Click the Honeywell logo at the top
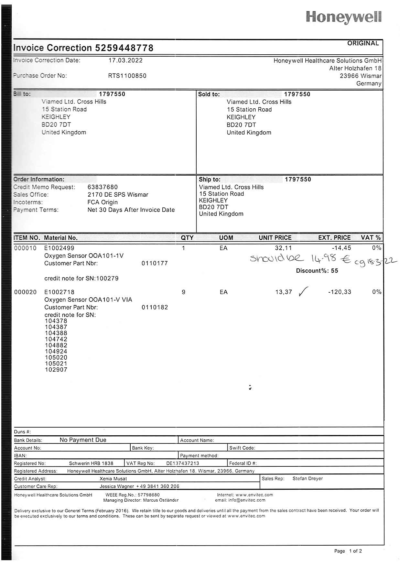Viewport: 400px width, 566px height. pyautogui.click(x=343, y=17)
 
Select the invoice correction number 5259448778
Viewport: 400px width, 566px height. pyautogui.click(x=124, y=48)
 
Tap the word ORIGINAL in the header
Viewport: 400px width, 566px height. pyautogui.click(x=363, y=43)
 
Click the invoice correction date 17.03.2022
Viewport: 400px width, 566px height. pyautogui.click(x=125, y=60)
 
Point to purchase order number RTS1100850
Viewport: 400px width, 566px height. pyautogui.click(x=127, y=76)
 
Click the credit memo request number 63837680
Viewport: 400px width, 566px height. pyautogui.click(x=103, y=187)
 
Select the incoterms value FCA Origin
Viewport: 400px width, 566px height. pyautogui.click(x=103, y=202)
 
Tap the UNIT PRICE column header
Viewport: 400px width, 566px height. pyautogui.click(x=275, y=238)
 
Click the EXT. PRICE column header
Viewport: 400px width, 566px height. pyautogui.click(x=334, y=238)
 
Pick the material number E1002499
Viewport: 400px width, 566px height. pyautogui.click(x=59, y=248)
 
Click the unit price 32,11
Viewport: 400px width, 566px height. pyautogui.click(x=283, y=248)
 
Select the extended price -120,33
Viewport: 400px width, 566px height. pyautogui.click(x=340, y=292)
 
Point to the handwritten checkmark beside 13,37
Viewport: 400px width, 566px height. pyautogui.click(x=303, y=291)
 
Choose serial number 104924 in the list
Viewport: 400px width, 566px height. pyautogui.click(x=56, y=352)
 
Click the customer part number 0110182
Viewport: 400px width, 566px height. pyautogui.click(x=155, y=307)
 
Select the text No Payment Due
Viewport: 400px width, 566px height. pyautogui.click(x=83, y=440)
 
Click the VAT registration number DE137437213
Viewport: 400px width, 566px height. pyautogui.click(x=182, y=463)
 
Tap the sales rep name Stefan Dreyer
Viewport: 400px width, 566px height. pyautogui.click(x=308, y=479)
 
